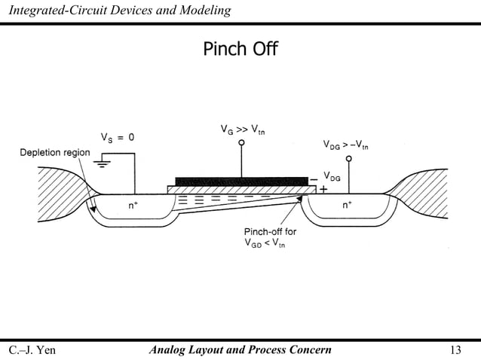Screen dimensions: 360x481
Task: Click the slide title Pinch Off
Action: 240,50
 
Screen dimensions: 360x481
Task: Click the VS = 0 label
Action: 118,138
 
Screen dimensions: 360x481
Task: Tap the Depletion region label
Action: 54,153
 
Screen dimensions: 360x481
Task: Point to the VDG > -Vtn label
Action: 345,144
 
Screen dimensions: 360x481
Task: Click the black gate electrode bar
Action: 242,181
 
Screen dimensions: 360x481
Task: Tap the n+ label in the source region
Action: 132,205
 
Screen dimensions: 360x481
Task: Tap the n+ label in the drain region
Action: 348,205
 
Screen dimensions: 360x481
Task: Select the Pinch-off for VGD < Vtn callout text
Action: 269,237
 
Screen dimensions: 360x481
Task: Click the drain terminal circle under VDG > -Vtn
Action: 348,159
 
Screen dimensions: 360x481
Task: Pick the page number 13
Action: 455,349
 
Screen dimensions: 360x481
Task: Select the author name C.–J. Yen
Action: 32,349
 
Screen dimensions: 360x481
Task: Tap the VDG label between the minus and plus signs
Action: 332,178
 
